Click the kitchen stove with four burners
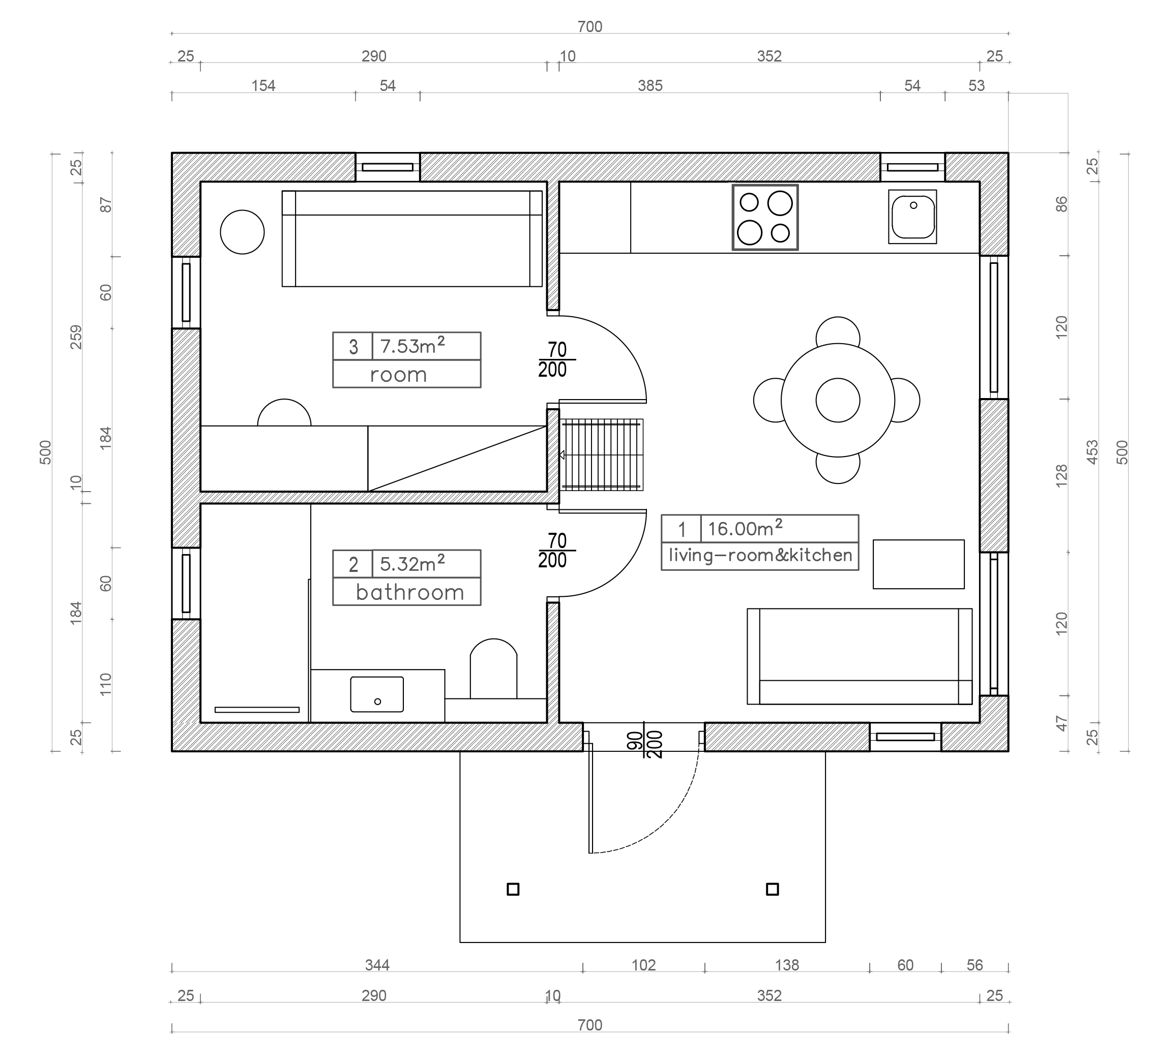[765, 217]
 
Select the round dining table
[838, 400]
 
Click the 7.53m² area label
[412, 346]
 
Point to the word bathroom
[410, 592]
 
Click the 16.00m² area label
[745, 528]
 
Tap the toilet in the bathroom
[493, 669]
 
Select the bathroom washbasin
[377, 694]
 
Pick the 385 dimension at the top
[650, 85]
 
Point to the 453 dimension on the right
[1092, 452]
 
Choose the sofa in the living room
[860, 656]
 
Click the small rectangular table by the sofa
[919, 564]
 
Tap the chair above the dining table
[838, 331]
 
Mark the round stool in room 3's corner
[242, 232]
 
